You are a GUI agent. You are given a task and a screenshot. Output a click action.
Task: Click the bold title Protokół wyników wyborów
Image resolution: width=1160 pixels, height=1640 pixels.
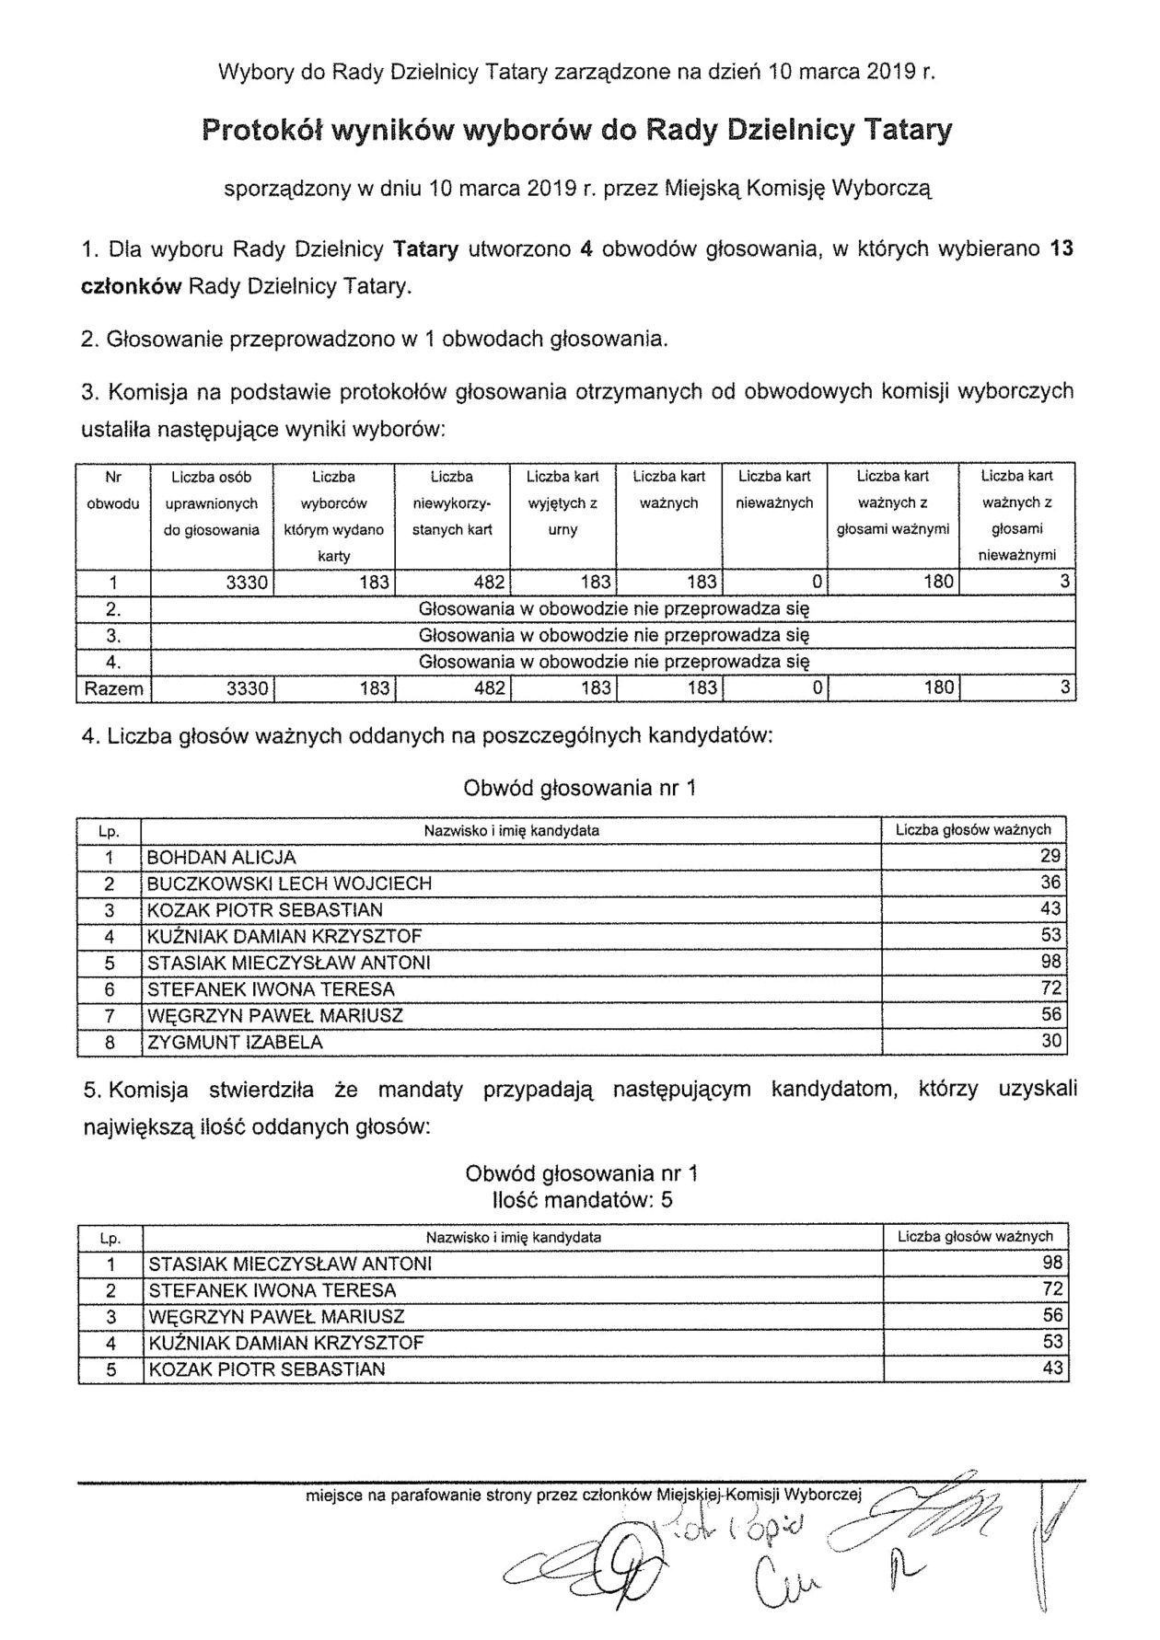[x=576, y=131]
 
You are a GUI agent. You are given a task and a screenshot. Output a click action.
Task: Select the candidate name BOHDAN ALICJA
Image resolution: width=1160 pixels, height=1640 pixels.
[x=222, y=857]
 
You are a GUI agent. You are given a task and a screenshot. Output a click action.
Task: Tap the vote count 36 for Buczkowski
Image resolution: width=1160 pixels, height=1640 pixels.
[x=1051, y=883]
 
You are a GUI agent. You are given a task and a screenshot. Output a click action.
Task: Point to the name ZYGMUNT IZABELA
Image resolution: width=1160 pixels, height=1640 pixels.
[x=235, y=1043]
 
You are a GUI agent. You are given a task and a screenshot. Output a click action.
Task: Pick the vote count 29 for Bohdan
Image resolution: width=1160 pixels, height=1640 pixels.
[x=1051, y=856]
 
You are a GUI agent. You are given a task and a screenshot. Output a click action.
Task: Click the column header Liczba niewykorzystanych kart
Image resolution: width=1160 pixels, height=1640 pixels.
[x=451, y=502]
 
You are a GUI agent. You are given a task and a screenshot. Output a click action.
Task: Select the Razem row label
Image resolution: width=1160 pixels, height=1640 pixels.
[x=113, y=687]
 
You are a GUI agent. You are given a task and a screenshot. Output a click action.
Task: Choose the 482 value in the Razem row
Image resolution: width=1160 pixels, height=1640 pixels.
[x=489, y=687]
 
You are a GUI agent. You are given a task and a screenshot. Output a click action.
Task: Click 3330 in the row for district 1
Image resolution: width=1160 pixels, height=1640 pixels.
[x=247, y=582]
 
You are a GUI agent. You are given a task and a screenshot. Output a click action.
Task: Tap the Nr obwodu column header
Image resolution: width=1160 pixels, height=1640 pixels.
[x=113, y=490]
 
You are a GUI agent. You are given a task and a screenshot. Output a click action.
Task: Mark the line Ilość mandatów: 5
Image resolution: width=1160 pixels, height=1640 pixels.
[x=582, y=1200]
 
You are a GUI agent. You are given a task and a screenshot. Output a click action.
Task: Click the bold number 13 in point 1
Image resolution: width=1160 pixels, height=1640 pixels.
[x=1061, y=249]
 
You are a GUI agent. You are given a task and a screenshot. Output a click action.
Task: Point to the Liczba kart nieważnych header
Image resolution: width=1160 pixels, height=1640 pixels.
[x=774, y=490]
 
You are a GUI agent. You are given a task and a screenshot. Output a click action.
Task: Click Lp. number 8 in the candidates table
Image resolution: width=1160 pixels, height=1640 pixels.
[x=109, y=1043]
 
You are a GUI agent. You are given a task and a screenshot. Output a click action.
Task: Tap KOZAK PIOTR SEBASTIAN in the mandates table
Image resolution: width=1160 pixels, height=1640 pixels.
[x=266, y=1369]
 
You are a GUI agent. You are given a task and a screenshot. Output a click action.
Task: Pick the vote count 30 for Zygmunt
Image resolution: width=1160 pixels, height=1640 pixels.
[x=1051, y=1042]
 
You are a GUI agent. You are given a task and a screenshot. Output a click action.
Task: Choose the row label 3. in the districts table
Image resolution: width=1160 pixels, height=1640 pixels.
[x=113, y=635]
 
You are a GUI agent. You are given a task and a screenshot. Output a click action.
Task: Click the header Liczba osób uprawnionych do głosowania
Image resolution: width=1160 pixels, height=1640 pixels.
[x=212, y=502]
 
